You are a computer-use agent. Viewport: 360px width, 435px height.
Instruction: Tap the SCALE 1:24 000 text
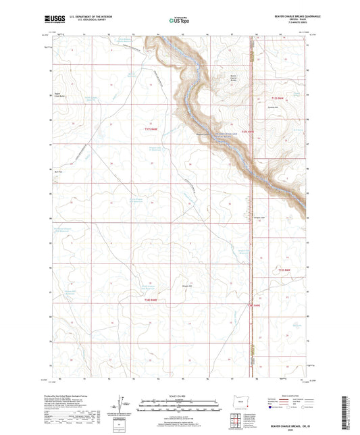click(x=180, y=394)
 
